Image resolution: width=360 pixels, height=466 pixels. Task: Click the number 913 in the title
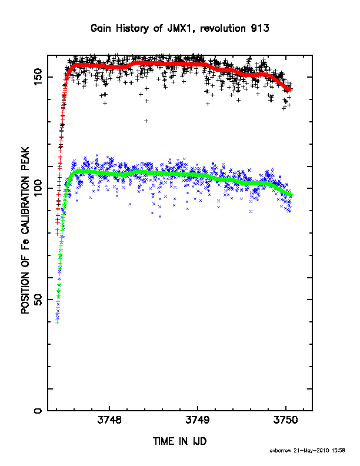260,28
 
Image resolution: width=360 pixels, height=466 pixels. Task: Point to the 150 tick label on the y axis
38,77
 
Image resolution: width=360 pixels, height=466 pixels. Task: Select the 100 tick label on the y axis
38,188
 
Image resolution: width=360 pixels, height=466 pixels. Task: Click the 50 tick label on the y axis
38,299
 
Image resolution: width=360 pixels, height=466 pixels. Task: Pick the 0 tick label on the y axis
38,411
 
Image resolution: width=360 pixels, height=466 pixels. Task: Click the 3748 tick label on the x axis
109,420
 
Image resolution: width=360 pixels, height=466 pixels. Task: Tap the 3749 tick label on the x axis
198,420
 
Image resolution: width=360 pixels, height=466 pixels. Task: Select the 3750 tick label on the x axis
285,420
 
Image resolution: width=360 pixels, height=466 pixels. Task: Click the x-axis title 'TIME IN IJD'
179,441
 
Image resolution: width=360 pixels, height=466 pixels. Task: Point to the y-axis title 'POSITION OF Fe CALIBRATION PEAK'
25,230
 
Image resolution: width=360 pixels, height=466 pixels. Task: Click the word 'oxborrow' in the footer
281,451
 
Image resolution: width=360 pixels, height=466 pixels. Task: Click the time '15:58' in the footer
338,451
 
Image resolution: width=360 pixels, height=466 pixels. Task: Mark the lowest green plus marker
57,322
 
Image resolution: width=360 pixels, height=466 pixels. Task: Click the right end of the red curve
291,89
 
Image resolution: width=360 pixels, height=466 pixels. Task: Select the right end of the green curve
291,194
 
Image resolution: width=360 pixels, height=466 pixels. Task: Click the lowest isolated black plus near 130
146,121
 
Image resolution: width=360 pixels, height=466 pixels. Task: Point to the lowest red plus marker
57,234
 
